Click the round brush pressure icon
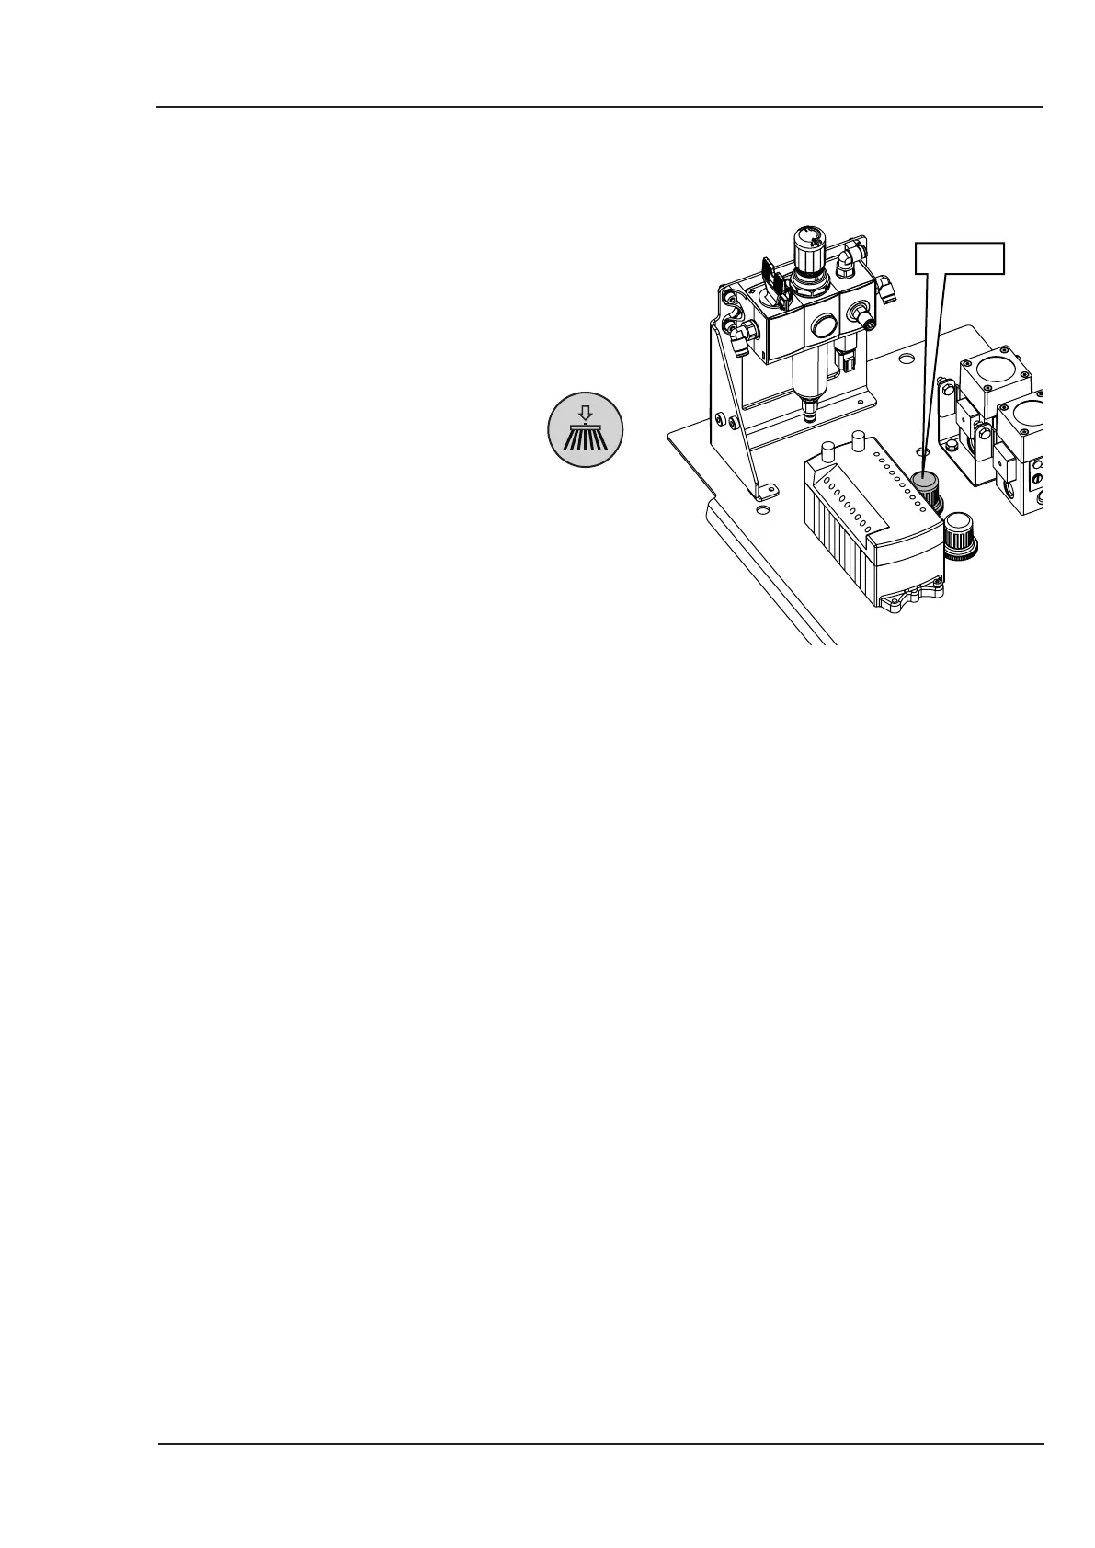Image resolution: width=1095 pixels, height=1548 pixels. coord(586,429)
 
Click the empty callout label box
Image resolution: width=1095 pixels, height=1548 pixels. coord(960,257)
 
